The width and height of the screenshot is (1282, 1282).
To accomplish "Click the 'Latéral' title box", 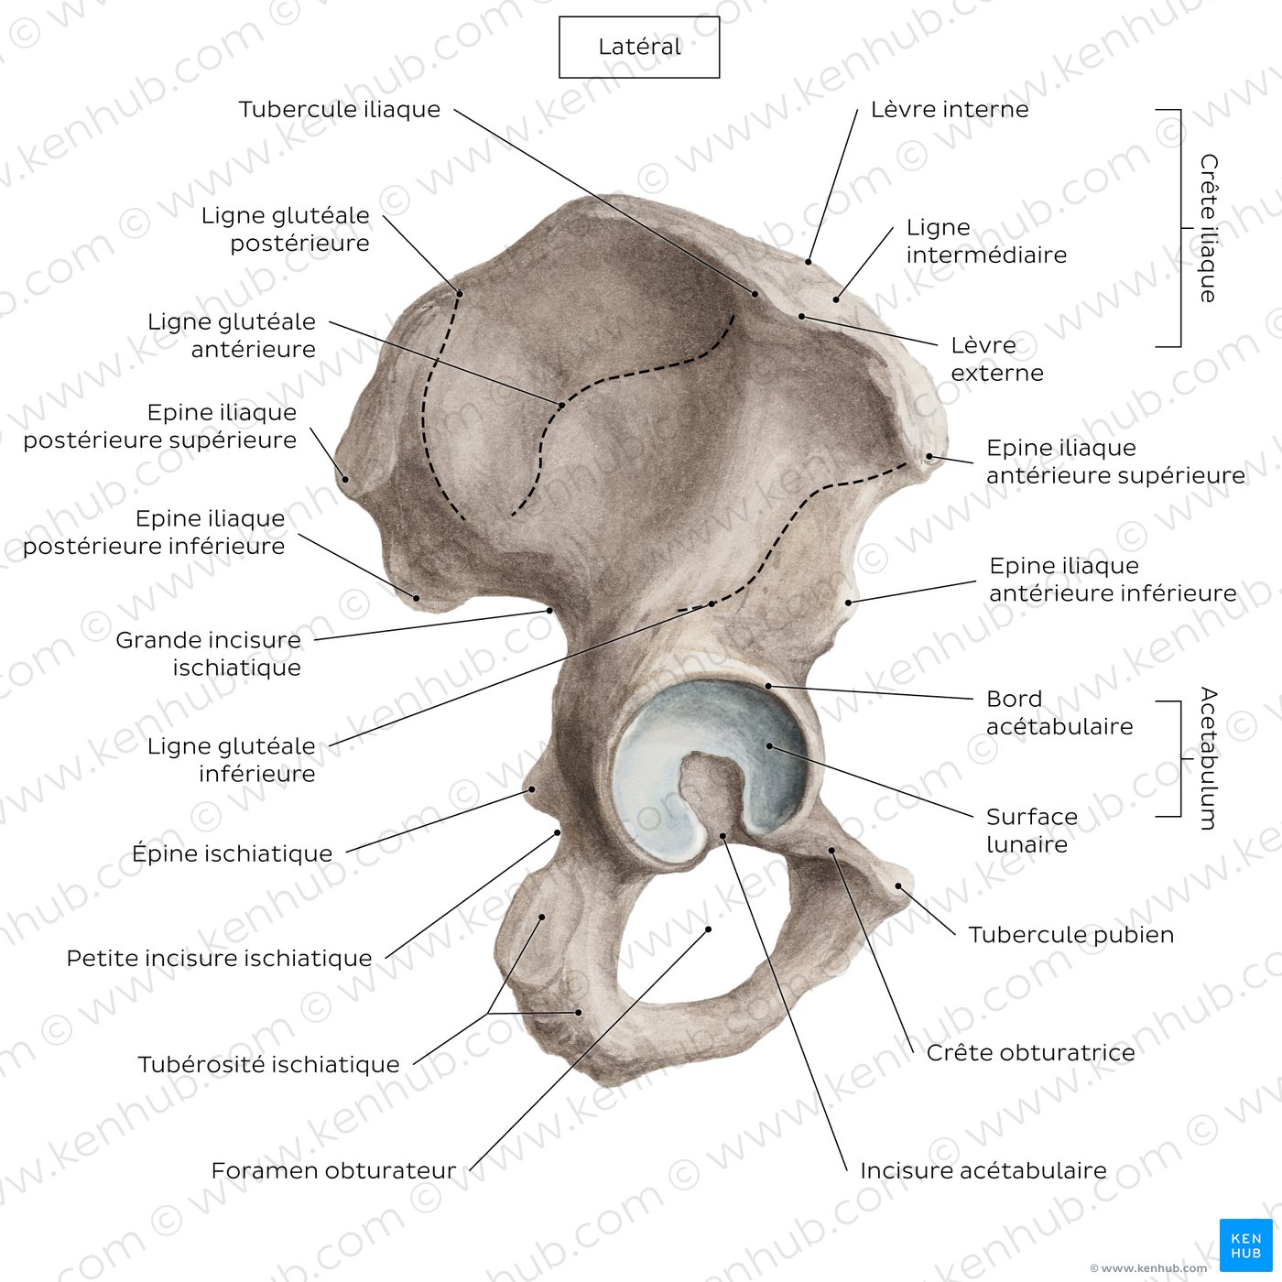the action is (638, 48).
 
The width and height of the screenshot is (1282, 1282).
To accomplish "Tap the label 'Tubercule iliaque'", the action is (340, 109).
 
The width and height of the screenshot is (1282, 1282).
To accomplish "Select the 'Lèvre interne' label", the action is (950, 109).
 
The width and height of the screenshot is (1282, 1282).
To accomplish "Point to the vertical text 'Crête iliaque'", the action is (1208, 228).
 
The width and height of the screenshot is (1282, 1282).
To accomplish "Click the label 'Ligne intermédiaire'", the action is (986, 241).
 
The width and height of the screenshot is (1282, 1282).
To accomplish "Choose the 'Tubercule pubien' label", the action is (1070, 935).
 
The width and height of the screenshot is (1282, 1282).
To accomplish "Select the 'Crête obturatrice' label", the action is (1030, 1052).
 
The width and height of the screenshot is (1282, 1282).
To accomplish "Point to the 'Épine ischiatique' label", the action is (232, 853).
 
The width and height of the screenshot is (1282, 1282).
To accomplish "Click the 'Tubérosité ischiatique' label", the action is (269, 1064).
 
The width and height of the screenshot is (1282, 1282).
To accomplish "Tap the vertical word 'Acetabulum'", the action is (1208, 758).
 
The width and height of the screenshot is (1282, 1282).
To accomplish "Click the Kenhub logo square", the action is (1246, 1245).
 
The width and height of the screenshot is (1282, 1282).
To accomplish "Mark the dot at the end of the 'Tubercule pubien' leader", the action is (898, 886).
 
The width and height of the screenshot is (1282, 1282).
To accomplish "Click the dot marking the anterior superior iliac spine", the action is (929, 456).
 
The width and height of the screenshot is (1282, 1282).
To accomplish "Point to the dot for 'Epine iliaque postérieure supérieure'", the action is (345, 479).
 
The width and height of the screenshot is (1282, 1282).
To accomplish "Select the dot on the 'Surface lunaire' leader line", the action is (770, 745).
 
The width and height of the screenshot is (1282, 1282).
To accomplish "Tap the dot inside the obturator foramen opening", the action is (709, 929).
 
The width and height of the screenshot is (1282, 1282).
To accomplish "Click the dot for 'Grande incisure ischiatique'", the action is (550, 609).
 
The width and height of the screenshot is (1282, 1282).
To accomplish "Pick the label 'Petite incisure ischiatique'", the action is (219, 959).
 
